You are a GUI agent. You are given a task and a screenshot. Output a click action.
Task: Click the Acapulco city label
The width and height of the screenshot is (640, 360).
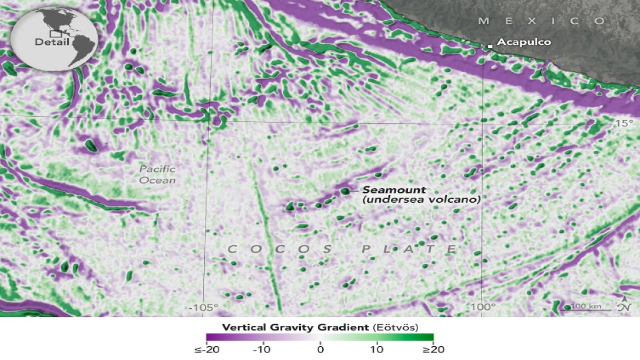coord(517,42)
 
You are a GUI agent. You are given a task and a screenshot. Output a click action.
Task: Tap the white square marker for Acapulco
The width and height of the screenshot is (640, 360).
coord(490,47)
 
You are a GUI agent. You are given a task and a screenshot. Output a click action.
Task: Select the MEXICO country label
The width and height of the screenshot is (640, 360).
coord(542,21)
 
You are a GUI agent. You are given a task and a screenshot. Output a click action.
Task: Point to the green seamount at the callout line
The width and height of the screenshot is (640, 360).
coord(346,190)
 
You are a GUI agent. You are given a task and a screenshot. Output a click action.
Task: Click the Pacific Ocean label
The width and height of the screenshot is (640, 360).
coord(157,175)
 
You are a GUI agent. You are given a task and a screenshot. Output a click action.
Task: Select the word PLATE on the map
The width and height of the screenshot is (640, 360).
coord(409,249)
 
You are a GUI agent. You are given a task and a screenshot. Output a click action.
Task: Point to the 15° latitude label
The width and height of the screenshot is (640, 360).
coord(623,123)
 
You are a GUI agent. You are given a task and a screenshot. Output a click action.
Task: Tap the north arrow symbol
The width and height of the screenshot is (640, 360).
coord(624,305)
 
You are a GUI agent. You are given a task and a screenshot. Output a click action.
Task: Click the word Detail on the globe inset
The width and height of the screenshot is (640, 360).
coord(52,42)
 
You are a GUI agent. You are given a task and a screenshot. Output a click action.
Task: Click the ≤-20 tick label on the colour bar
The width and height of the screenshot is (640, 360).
coord(206,350)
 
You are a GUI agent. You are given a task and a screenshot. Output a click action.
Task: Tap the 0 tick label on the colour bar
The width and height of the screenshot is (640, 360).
coord(320,350)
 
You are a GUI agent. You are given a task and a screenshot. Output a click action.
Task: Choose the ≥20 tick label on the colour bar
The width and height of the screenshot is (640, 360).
coord(433,350)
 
